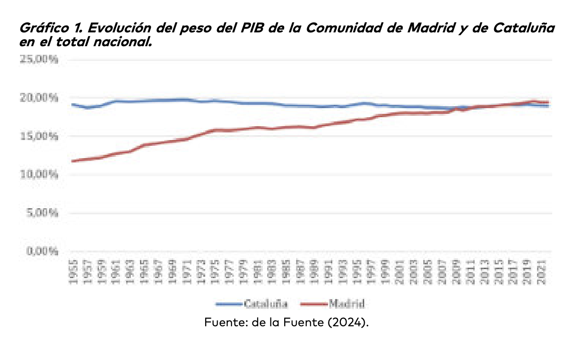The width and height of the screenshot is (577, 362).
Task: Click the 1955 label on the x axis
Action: point(73,272)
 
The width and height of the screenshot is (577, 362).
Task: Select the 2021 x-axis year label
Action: point(542,272)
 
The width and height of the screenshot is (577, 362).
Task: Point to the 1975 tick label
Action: point(215,272)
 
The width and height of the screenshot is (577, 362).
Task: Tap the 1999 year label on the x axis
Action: point(386,272)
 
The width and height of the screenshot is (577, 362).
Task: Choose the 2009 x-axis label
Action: point(457,272)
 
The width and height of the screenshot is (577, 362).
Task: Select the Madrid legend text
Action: point(347,303)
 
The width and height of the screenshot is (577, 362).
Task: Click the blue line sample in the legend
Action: point(229,303)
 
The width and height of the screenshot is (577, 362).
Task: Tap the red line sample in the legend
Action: point(314,303)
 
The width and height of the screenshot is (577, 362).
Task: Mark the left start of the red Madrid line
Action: point(72,161)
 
